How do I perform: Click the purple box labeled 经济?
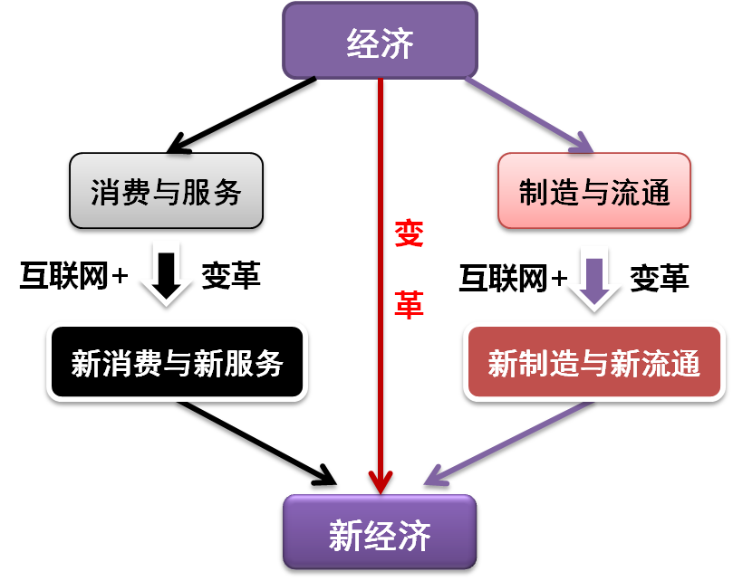coord(380,41)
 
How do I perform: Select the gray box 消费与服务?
coord(167,191)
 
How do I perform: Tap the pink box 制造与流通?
coord(594,191)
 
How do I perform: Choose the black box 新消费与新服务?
coord(178,362)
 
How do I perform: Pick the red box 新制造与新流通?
coord(594,362)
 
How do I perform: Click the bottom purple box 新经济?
coord(380,532)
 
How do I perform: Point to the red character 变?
coord(409,233)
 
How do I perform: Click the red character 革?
coord(409,305)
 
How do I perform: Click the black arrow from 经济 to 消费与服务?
coord(241,115)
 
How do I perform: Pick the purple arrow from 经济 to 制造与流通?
coord(529,115)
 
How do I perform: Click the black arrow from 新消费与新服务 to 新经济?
coord(256,443)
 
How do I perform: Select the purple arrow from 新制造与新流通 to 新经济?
coord(508,443)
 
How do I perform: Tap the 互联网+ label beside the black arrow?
coord(73,275)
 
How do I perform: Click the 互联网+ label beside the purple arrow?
coord(513,278)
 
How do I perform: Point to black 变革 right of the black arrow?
coord(231,275)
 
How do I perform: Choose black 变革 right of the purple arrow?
coord(660,278)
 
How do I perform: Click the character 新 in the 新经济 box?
coord(346,535)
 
